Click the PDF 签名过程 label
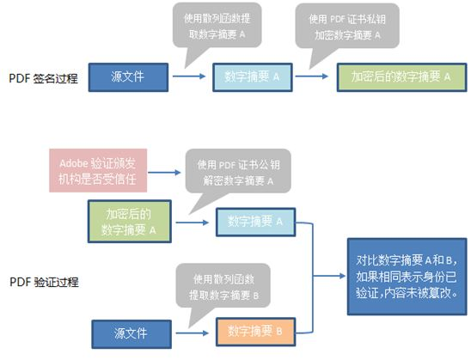tap(42, 78)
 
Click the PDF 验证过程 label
tap(42, 281)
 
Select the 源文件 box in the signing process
tap(126, 76)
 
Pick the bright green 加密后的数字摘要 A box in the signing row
tap(401, 76)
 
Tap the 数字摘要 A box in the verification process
tap(255, 222)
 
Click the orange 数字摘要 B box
tap(255, 329)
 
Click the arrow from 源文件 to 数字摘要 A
tap(191, 76)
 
